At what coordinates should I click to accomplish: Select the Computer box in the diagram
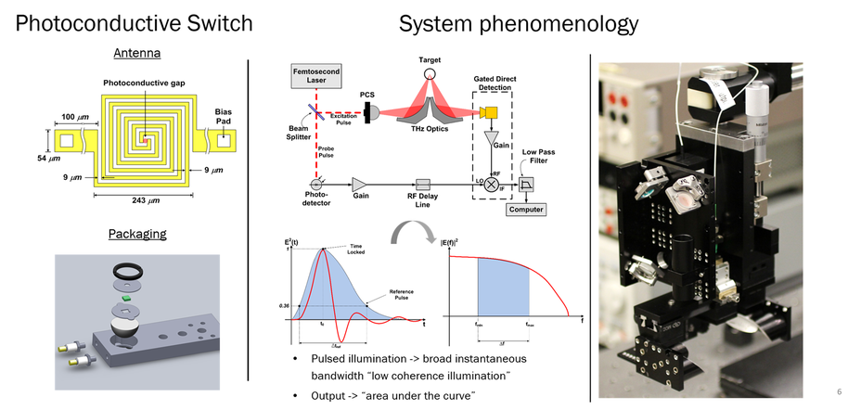coord(524,210)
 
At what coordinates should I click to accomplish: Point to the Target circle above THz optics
coord(428,73)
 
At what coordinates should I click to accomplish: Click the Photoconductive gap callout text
coord(144,83)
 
